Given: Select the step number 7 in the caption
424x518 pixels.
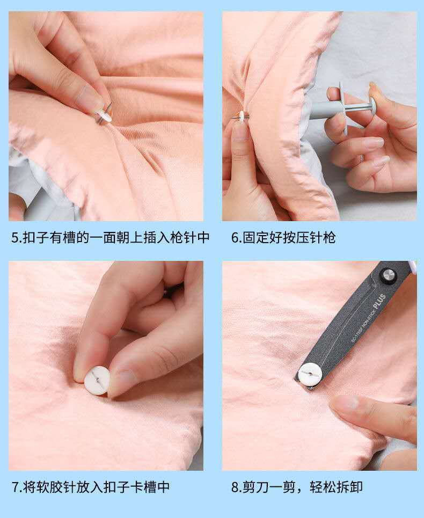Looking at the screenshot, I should (x=15, y=487).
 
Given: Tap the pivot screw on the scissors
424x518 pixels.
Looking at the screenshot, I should (x=388, y=275).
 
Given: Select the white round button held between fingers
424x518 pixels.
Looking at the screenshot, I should (x=97, y=381).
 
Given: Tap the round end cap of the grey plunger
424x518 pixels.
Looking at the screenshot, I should (x=370, y=108).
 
